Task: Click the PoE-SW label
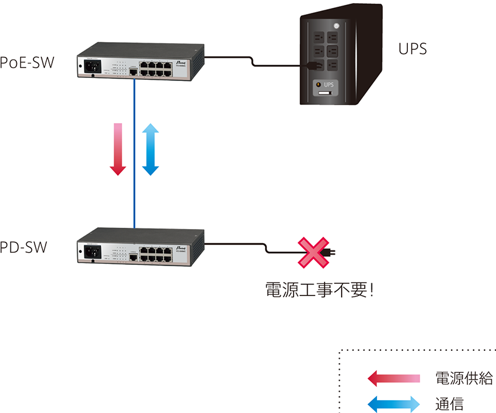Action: tap(27, 63)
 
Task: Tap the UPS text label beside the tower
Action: tap(412, 49)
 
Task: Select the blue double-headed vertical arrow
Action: tap(150, 149)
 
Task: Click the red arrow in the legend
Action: tap(393, 378)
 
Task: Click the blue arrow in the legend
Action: tap(393, 403)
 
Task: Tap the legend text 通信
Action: tap(450, 403)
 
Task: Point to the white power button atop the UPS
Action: tap(336, 26)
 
